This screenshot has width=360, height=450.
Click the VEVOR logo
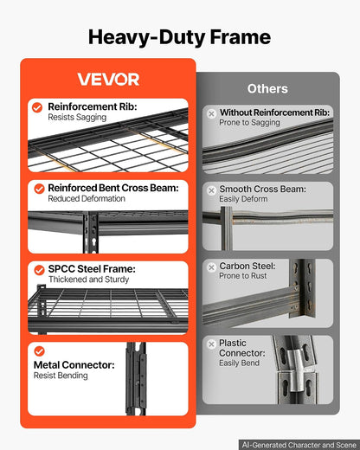click(x=108, y=79)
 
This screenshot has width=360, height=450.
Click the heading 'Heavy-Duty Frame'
click(x=179, y=37)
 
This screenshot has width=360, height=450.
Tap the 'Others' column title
click(x=267, y=88)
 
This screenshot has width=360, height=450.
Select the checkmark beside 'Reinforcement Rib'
click(x=37, y=107)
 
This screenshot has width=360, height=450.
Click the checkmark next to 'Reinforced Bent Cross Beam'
click(x=39, y=189)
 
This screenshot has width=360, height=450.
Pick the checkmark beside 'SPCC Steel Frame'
click(x=39, y=270)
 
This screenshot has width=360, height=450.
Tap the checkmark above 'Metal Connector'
click(x=39, y=351)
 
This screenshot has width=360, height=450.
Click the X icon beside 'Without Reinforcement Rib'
click(x=212, y=113)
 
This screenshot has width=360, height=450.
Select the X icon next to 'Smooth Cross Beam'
click(x=212, y=190)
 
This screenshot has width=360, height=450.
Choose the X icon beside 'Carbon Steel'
click(x=212, y=267)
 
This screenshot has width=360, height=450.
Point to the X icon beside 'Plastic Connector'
click(x=212, y=344)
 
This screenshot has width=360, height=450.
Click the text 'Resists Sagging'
click(x=77, y=118)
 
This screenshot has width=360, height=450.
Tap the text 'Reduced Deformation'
click(x=87, y=198)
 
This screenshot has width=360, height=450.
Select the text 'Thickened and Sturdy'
click(x=88, y=280)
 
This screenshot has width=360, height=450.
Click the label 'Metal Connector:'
click(x=74, y=365)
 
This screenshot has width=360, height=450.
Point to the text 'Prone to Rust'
click(x=243, y=276)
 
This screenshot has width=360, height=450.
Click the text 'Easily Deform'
click(x=243, y=199)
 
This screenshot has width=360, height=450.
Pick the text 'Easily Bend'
click(x=239, y=363)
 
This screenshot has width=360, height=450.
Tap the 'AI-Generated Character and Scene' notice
click(x=299, y=445)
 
